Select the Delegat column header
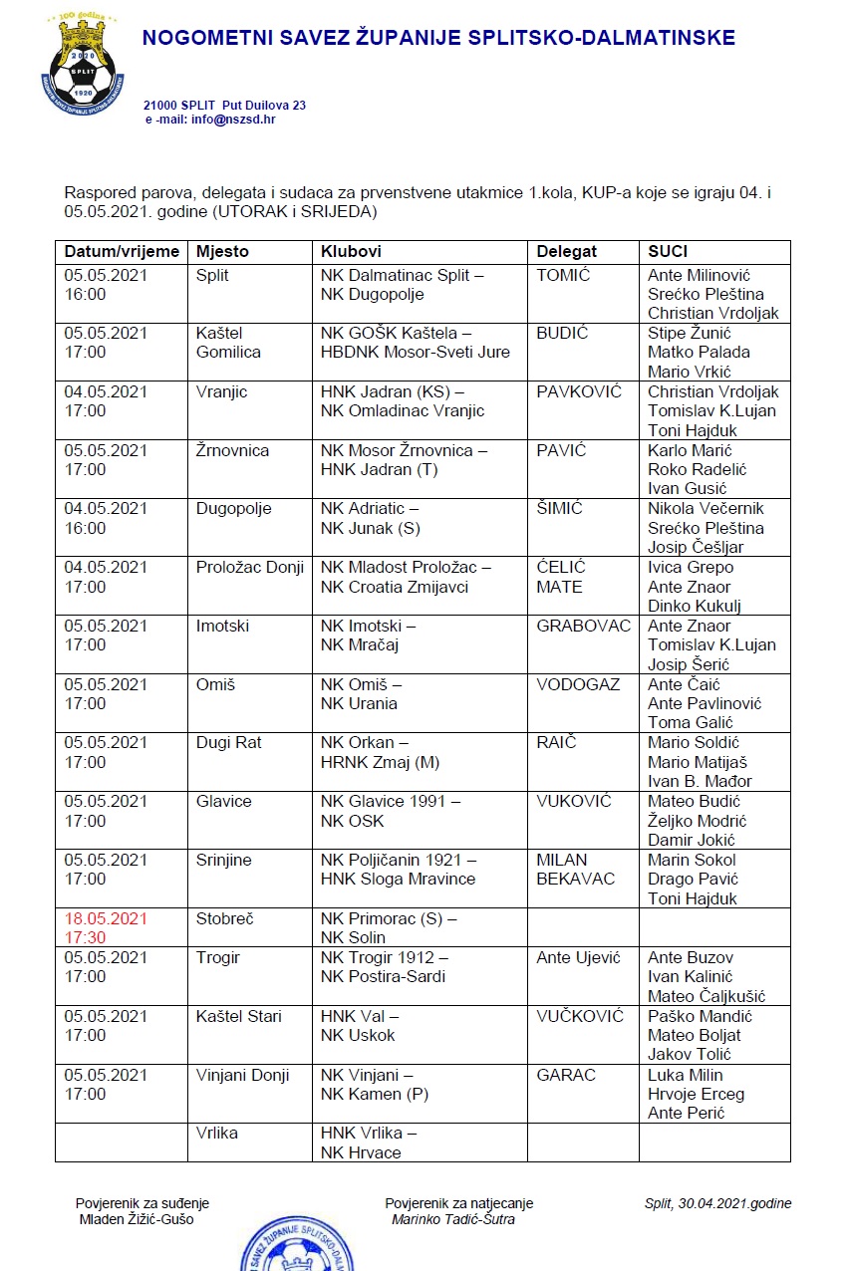coord(567,252)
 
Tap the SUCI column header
coord(668,252)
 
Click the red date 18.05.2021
coord(105,918)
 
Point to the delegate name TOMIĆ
coord(563,275)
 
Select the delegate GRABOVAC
coord(584,627)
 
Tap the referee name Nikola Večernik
coord(706,509)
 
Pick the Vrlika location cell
coord(217,1134)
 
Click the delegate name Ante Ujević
coord(578,957)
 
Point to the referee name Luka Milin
coord(686,1075)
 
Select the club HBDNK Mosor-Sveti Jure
coord(415,352)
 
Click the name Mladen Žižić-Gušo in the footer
coord(136,1219)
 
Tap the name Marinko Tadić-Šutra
coord(453,1219)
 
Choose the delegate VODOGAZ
coord(578,685)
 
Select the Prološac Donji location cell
coord(250,568)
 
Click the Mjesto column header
coord(222,252)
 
